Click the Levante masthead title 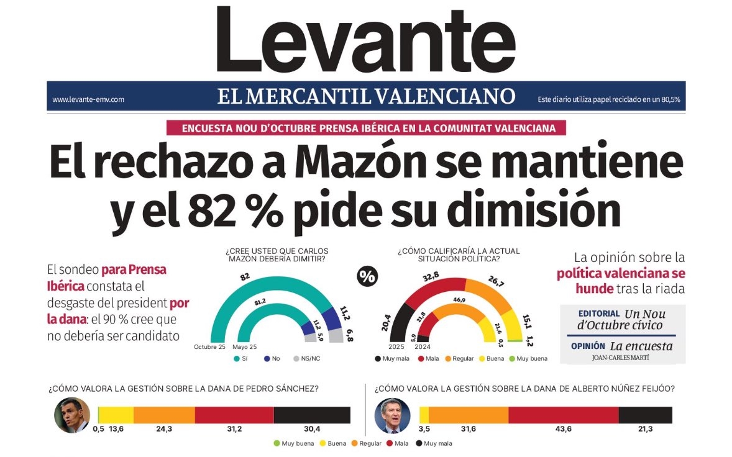click(x=365, y=40)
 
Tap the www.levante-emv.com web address click(x=88, y=99)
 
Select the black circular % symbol click(x=367, y=277)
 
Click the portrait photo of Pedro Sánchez click(x=71, y=415)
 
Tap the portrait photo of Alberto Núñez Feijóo click(x=392, y=415)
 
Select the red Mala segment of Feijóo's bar click(x=563, y=415)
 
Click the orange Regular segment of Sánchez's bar click(x=164, y=415)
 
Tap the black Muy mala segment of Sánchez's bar click(x=312, y=415)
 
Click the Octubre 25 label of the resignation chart click(x=209, y=346)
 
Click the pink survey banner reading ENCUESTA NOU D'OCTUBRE click(x=369, y=129)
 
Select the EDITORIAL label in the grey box click(x=599, y=314)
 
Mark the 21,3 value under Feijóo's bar click(x=644, y=429)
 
